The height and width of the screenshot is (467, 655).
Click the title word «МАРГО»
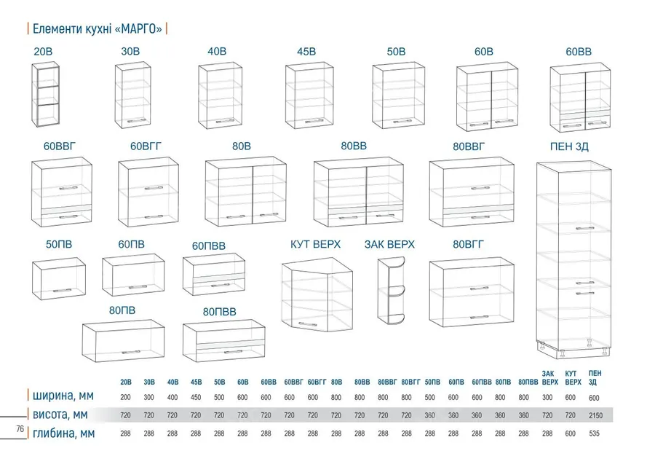(138, 29)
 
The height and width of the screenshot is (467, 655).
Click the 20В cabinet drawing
(46, 95)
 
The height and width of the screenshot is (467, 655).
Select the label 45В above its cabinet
(306, 52)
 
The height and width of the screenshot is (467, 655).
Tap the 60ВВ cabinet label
(579, 52)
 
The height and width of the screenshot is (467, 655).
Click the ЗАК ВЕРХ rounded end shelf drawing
(392, 290)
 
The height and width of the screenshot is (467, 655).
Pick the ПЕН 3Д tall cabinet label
(569, 146)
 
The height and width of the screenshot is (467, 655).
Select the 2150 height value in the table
(595, 415)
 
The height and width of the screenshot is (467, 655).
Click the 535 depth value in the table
(594, 433)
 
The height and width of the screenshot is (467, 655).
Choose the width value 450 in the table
(196, 398)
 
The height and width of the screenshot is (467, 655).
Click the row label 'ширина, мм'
(63, 396)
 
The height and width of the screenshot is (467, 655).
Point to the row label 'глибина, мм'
(63, 433)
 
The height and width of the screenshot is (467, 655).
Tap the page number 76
(20, 429)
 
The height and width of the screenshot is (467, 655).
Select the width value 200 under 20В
(125, 398)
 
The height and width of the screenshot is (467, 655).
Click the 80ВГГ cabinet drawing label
(468, 244)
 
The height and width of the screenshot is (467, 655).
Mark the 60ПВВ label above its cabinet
(208, 246)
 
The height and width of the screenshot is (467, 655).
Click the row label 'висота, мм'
(60, 415)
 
